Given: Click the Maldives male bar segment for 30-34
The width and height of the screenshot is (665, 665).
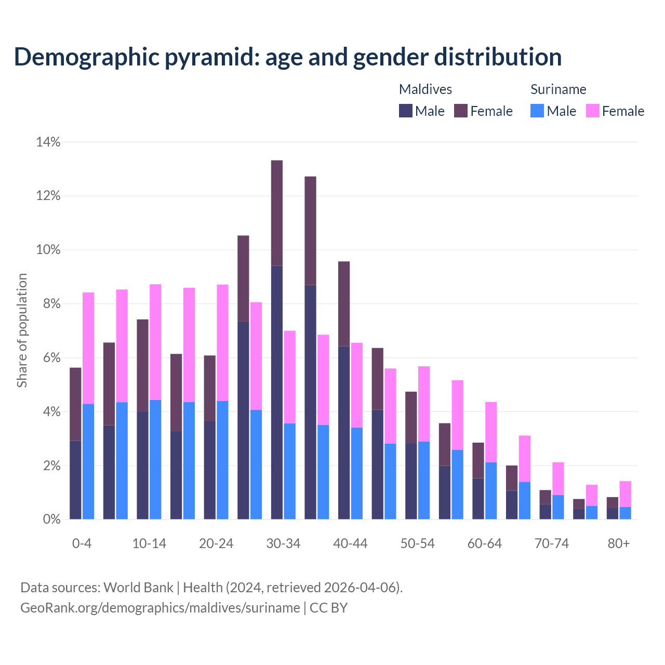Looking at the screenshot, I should tap(277, 392).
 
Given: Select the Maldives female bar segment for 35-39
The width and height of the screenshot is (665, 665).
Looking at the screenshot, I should tap(310, 231).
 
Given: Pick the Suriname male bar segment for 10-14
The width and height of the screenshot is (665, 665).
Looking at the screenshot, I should tap(155, 459).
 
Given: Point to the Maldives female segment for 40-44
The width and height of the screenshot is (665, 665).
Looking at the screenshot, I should tap(344, 303).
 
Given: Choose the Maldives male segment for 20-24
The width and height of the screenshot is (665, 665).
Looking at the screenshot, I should tap(210, 470).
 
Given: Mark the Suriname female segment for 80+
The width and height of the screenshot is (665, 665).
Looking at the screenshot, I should tap(625, 494).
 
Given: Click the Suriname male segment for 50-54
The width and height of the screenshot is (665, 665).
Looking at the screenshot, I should tap(424, 480).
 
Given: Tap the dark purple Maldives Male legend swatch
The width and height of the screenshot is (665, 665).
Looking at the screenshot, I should tap(406, 111).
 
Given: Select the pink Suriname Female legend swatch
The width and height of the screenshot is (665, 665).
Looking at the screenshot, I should tap(593, 111).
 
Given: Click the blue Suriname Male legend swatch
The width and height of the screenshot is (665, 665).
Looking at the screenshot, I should tap(537, 111).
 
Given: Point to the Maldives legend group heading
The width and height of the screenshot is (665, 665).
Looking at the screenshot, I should tap(425, 89).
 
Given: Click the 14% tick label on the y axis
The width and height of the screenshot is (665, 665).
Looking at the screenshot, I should tap(48, 142).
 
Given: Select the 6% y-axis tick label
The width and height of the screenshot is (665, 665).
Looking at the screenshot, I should tap(52, 358).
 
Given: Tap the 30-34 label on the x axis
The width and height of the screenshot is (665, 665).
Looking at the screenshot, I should tap(283, 543).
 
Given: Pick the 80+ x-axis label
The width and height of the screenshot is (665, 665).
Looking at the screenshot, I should tap(619, 543).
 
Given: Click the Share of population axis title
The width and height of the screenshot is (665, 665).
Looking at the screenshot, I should tap(22, 330).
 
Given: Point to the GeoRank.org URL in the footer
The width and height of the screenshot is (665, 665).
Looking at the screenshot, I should tap(160, 607).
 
